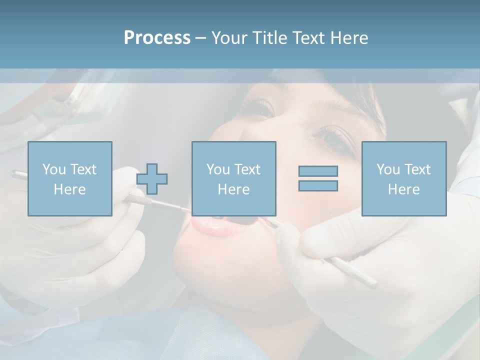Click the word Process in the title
click(157, 38)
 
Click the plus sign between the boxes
click(152, 178)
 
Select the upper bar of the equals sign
click(318, 171)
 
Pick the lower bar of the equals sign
click(318, 186)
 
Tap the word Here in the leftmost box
click(69, 189)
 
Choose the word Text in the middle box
click(247, 169)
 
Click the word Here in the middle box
click(233, 189)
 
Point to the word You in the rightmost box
click(388, 169)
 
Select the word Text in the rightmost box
click(417, 169)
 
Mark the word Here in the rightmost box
click(403, 189)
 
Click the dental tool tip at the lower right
click(372, 284)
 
